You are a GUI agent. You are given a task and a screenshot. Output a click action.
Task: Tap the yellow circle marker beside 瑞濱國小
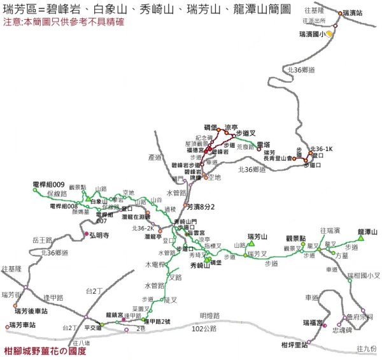pos(329,34)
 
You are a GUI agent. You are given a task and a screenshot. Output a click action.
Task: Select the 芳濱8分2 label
pos(203,206)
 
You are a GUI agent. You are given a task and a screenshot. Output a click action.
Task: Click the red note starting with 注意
pos(73,22)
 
